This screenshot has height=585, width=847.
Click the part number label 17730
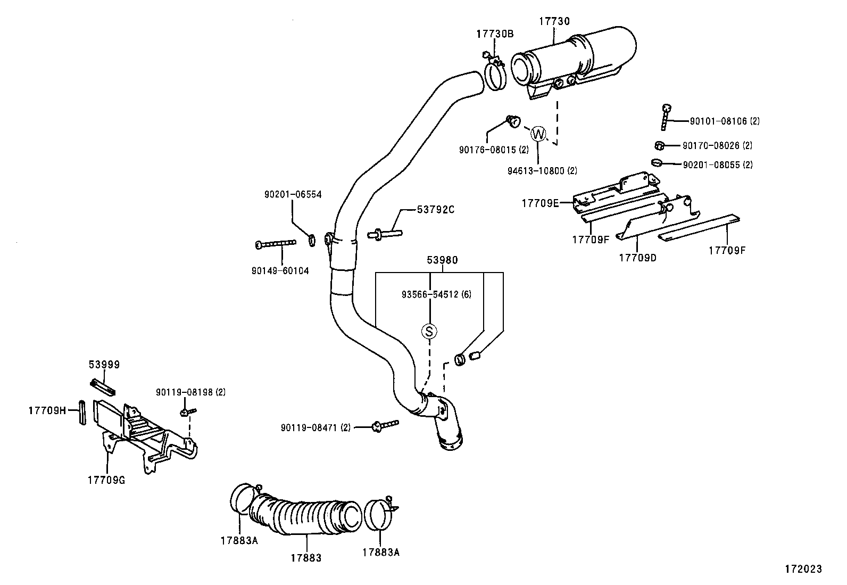click(554, 21)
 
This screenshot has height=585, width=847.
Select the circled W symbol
click(538, 133)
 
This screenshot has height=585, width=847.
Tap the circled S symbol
click(429, 331)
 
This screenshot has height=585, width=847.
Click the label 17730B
click(494, 34)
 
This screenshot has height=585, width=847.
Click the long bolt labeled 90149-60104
click(276, 244)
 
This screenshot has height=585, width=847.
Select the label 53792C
click(435, 209)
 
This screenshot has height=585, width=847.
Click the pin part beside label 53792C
click(384, 233)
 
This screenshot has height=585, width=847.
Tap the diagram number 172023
click(803, 568)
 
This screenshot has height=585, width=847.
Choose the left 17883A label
click(239, 540)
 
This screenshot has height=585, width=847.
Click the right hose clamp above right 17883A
click(381, 514)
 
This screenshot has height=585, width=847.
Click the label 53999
click(104, 365)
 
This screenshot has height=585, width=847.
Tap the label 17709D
click(637, 258)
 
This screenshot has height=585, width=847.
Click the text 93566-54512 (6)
click(436, 294)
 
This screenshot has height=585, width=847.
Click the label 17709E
click(540, 203)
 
